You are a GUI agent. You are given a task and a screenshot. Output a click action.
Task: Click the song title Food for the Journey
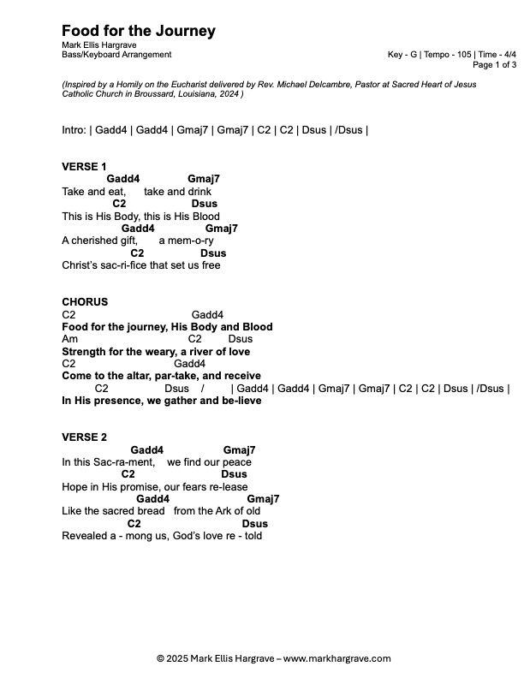139,32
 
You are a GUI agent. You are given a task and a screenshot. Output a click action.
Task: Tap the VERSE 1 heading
84,166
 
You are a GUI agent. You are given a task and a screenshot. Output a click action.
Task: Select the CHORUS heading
85,302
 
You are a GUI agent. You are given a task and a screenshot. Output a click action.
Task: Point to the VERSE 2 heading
84,437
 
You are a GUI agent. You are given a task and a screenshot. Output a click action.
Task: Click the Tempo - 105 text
449,55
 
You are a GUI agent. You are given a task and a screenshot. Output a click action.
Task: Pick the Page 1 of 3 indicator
494,64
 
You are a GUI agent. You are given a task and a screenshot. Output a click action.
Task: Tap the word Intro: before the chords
74,130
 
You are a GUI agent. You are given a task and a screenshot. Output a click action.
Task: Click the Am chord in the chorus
69,339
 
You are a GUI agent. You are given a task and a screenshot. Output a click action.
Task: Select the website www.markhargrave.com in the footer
336,658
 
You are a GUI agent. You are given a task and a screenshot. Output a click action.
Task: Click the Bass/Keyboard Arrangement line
116,55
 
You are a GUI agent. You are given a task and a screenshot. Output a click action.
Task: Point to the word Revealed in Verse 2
84,536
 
